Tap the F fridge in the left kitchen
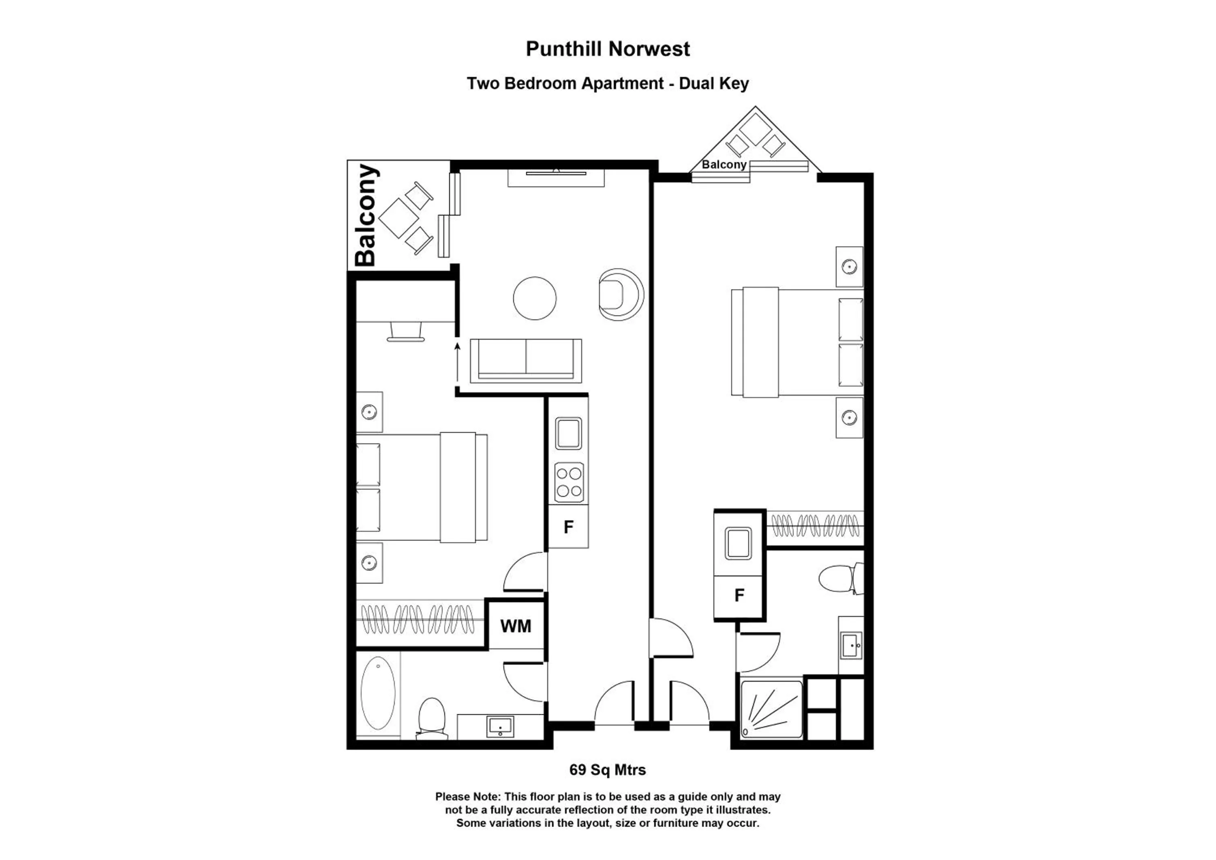point(568,527)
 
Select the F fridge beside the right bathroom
point(739,596)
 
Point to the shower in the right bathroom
point(771,710)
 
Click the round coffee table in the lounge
point(534,298)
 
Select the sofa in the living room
point(525,361)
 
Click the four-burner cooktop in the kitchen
point(569,482)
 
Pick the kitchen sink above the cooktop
point(568,433)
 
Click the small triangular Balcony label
point(724,165)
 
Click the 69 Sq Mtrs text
point(608,770)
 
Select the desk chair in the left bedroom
point(406,332)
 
